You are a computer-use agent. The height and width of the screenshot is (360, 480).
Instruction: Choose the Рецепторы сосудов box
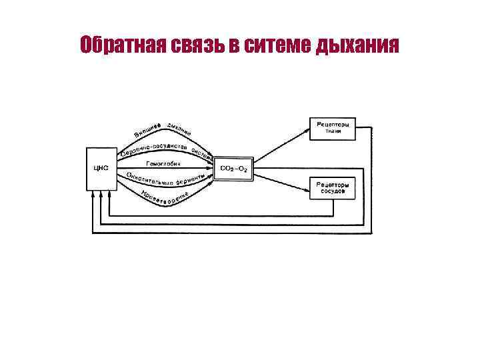pos(332,187)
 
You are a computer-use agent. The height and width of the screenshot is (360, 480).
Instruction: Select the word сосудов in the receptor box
pos(332,191)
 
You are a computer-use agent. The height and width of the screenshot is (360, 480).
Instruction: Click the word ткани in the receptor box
pos(332,131)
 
